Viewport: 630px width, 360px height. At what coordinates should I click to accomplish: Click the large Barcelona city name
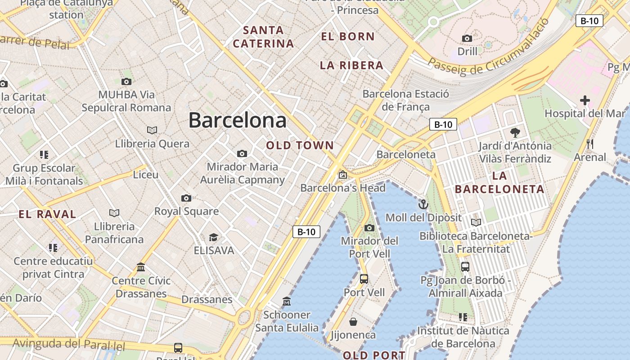pyautogui.click(x=237, y=120)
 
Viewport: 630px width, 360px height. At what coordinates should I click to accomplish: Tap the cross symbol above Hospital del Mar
pyautogui.click(x=585, y=100)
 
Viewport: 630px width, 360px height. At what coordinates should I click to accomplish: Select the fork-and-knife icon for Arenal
pyautogui.click(x=590, y=144)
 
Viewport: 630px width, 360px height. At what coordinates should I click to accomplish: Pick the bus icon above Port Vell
pyautogui.click(x=364, y=279)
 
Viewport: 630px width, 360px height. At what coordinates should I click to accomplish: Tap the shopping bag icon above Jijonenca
pyautogui.click(x=353, y=322)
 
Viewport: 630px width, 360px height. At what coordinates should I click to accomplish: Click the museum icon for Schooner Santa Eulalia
pyautogui.click(x=287, y=301)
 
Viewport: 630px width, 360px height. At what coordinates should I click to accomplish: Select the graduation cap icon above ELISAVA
pyautogui.click(x=213, y=237)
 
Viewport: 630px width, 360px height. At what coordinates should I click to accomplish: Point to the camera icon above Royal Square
pyautogui.click(x=186, y=198)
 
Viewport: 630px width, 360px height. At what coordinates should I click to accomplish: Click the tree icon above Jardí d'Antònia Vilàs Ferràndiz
pyautogui.click(x=515, y=132)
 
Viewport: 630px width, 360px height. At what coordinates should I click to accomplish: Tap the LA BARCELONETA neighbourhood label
pyautogui.click(x=499, y=182)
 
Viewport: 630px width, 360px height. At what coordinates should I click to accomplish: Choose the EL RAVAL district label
pyautogui.click(x=47, y=214)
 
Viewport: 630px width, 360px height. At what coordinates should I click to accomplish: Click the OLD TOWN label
pyautogui.click(x=300, y=145)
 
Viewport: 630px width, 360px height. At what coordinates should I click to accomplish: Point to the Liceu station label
pyautogui.click(x=145, y=174)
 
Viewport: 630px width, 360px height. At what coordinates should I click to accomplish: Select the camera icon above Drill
pyautogui.click(x=467, y=38)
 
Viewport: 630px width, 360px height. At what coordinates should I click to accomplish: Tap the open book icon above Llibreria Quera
pyautogui.click(x=152, y=130)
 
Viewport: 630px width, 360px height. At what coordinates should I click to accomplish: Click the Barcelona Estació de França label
pyautogui.click(x=405, y=100)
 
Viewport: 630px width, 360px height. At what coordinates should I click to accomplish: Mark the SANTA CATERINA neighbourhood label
pyautogui.click(x=263, y=37)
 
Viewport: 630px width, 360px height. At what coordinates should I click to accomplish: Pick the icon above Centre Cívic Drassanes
pyautogui.click(x=141, y=267)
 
